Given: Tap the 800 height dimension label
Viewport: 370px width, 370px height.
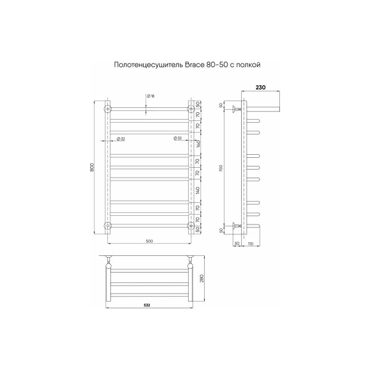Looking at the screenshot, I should point(92,167).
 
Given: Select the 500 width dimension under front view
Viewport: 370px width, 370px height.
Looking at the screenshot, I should point(149,240).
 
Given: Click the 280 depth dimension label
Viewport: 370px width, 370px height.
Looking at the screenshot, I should point(200,277).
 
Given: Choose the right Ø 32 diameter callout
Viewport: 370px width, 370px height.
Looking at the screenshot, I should point(177,138).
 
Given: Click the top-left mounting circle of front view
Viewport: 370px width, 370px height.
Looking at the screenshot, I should point(109,109).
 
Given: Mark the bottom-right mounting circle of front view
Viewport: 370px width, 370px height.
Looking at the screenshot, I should point(190,225).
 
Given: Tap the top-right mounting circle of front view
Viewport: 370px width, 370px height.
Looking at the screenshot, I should point(190,109).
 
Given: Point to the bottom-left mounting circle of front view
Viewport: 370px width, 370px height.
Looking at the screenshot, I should point(109,225).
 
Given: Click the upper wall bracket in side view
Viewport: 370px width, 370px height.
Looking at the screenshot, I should point(236,110).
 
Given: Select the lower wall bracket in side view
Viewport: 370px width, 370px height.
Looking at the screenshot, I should point(236,225).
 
